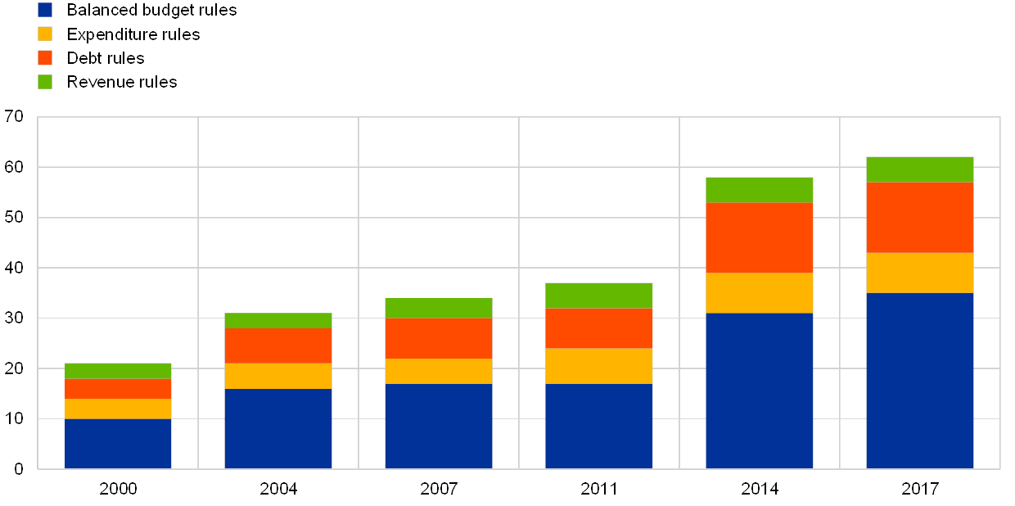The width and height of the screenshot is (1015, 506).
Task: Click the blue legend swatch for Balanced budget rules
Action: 45,10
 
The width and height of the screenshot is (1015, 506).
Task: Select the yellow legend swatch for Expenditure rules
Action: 45,34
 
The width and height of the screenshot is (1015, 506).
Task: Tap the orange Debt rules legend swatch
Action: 45,58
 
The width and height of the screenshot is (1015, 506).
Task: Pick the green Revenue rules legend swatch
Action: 45,82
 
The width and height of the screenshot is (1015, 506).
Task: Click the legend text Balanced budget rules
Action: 154,10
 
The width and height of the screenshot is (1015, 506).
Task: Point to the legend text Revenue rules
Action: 124,82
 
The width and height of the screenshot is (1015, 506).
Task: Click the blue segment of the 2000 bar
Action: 118,444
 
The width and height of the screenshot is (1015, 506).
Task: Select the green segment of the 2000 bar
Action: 118,371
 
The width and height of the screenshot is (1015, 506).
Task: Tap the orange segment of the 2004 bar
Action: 278,346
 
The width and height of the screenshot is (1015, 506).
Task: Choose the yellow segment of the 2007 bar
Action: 439,371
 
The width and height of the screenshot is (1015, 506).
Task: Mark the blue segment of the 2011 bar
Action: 599,426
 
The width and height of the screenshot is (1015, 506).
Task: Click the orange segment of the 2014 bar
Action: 760,237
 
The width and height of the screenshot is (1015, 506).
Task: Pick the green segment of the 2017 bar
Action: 920,169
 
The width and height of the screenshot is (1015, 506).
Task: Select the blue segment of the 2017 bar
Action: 920,381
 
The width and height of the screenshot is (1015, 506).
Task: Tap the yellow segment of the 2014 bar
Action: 760,293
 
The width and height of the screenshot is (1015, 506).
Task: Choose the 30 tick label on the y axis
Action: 16,318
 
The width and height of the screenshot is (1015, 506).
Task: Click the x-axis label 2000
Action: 118,489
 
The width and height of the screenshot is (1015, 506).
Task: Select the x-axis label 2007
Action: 439,489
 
